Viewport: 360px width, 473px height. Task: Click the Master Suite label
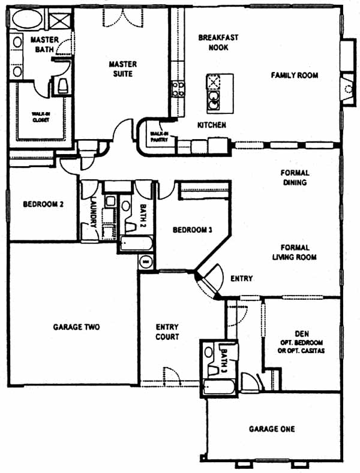(123, 69)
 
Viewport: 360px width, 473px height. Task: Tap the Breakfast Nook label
(218, 42)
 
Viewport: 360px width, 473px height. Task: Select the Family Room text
(294, 76)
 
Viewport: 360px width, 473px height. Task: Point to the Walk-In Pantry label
(160, 137)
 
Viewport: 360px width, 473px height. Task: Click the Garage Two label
(76, 327)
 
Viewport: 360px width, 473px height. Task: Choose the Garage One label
(272, 429)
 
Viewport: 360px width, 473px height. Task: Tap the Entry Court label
(167, 332)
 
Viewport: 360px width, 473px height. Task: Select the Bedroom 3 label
(191, 230)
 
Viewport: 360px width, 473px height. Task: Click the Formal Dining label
(294, 178)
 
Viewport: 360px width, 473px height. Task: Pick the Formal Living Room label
(294, 252)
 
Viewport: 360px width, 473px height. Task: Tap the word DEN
(301, 333)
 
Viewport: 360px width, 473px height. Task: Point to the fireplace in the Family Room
(347, 89)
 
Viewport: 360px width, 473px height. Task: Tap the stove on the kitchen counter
(178, 89)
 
